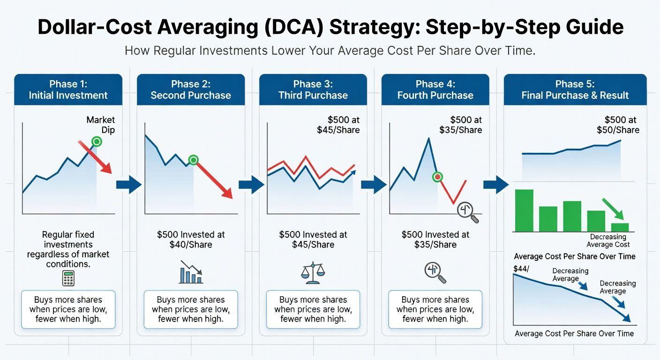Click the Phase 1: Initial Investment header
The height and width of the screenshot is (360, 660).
(68, 90)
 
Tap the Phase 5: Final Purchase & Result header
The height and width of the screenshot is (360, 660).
(575, 90)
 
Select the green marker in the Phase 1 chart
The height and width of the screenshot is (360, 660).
(97, 141)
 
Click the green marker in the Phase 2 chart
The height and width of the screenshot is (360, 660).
(193, 160)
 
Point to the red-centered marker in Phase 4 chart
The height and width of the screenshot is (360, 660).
(438, 177)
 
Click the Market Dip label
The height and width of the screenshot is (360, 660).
(101, 125)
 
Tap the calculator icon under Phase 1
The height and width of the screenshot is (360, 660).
(68, 278)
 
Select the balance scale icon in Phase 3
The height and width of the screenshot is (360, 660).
(313, 272)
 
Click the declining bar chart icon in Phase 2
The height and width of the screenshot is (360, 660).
(191, 273)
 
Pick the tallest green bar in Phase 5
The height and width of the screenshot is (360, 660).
(524, 210)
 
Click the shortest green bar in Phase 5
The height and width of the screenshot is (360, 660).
(620, 227)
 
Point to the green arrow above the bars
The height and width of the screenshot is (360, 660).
(612, 209)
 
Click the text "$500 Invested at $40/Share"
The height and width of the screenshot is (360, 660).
(191, 240)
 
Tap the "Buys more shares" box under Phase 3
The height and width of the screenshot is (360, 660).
(313, 309)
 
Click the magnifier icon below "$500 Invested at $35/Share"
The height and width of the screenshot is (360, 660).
(435, 273)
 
